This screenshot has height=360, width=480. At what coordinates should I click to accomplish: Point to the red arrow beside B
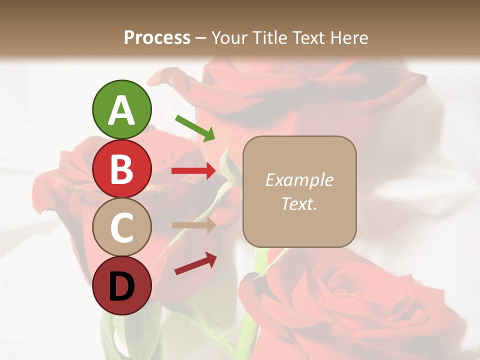tap(193, 171)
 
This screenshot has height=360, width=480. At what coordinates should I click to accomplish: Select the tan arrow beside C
tap(193, 225)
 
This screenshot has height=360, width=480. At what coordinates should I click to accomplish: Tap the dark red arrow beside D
tap(195, 263)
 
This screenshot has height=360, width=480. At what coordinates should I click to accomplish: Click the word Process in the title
tap(157, 38)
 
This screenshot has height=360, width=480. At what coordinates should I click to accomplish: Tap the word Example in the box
tap(299, 180)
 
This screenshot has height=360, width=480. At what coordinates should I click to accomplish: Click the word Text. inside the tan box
tap(299, 203)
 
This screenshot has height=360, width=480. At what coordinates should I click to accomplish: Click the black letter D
tap(122, 286)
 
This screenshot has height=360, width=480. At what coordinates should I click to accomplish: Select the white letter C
tap(122, 227)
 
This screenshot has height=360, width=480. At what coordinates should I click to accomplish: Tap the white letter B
tap(122, 169)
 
